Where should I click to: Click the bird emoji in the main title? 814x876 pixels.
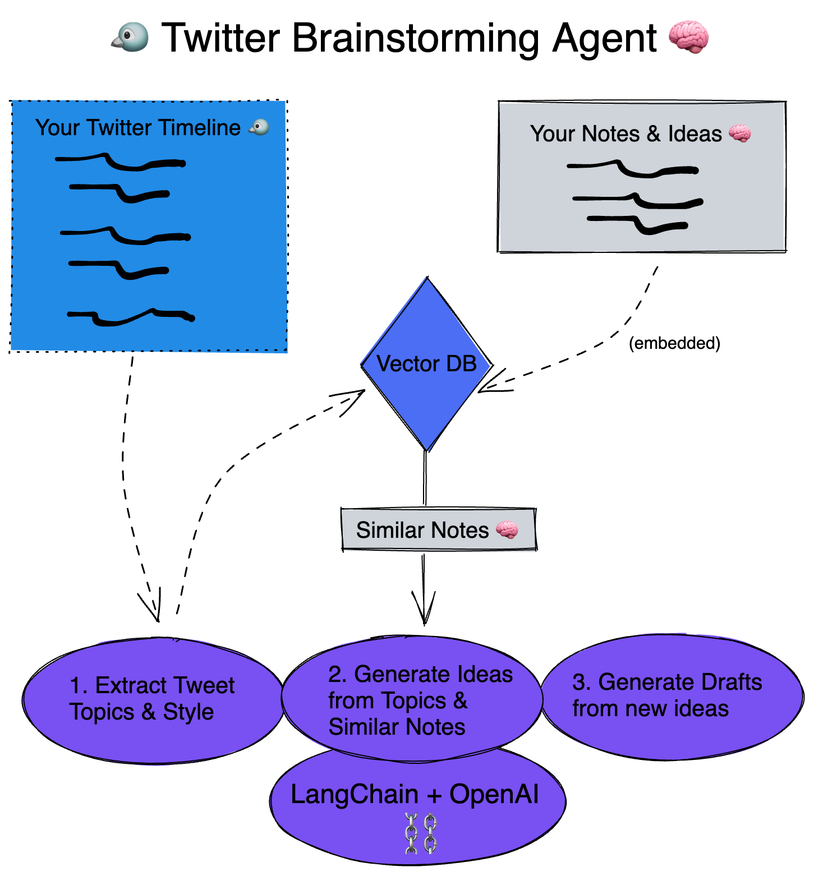130,38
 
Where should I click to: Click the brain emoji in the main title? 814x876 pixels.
688,37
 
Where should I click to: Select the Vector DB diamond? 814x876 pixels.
427,365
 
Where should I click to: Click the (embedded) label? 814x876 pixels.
674,343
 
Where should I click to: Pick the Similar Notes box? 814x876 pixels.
439,529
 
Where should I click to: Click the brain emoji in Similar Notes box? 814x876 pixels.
507,529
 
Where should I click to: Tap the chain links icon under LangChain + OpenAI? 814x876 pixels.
421,834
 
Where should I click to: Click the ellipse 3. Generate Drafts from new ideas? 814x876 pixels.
671,697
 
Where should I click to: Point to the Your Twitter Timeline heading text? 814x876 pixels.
138,128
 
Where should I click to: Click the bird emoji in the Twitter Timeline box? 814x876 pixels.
259,127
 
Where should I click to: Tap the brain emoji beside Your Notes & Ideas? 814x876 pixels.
739,133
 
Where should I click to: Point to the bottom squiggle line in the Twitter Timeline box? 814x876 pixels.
131,317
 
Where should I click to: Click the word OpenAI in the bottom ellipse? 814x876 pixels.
494,794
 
